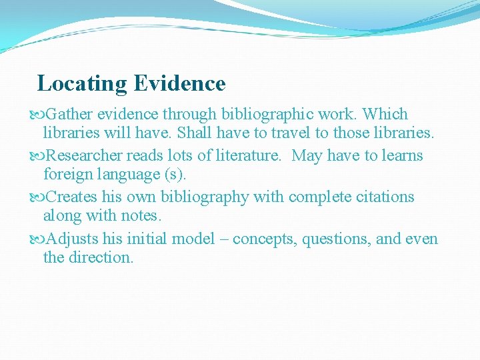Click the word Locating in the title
(82, 84)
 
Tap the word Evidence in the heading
(179, 84)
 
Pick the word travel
(296, 133)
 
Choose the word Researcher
(84, 156)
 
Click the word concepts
(264, 239)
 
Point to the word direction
(101, 257)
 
